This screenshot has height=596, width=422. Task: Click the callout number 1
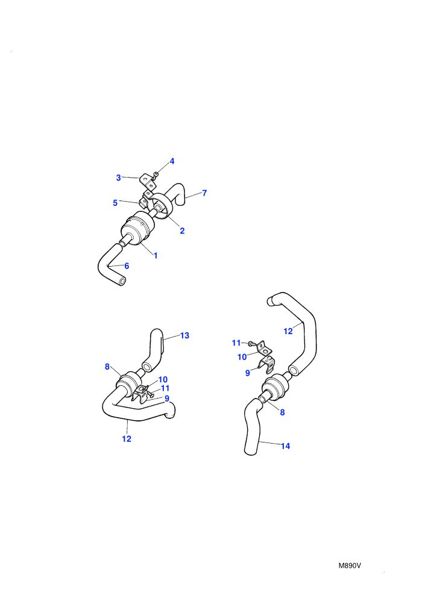click(x=156, y=255)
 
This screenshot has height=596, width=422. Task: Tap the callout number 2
click(x=182, y=231)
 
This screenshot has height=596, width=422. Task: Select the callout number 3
click(x=118, y=178)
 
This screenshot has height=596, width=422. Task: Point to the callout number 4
click(x=172, y=161)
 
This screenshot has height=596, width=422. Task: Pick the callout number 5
click(x=115, y=203)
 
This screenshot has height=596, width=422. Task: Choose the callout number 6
click(x=127, y=266)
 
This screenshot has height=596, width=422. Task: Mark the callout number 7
click(x=204, y=193)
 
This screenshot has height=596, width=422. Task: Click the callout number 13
click(x=184, y=336)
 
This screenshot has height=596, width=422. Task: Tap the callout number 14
click(x=285, y=446)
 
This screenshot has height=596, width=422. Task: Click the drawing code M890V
click(x=350, y=565)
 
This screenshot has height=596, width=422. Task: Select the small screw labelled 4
click(x=156, y=175)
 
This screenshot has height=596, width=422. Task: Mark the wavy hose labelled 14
click(x=252, y=426)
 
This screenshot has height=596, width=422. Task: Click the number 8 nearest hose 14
click(x=282, y=412)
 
